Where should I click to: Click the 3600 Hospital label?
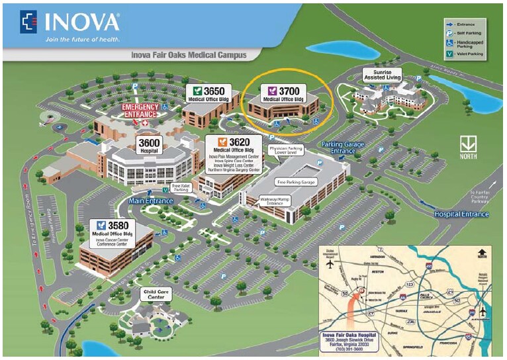150,146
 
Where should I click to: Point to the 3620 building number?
239,142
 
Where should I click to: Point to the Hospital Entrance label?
461,214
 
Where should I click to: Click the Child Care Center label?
152,293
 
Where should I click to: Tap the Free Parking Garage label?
297,181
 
